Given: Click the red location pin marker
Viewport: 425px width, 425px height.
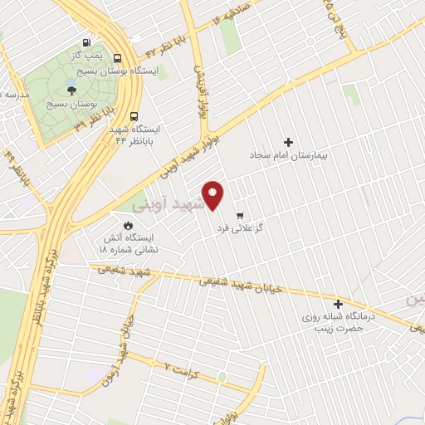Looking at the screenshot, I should pos(214,195).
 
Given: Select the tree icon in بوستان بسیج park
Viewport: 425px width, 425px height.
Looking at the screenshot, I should pos(71,90).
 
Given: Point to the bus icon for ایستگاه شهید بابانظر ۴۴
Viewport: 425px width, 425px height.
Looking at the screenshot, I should pos(134,117).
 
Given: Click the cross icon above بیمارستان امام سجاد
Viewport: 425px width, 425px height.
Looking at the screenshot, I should pos(289,142).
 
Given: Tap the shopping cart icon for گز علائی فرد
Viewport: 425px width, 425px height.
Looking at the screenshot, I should pos(240,213).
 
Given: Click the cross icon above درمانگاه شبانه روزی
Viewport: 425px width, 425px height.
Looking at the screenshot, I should pos(337,304).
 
